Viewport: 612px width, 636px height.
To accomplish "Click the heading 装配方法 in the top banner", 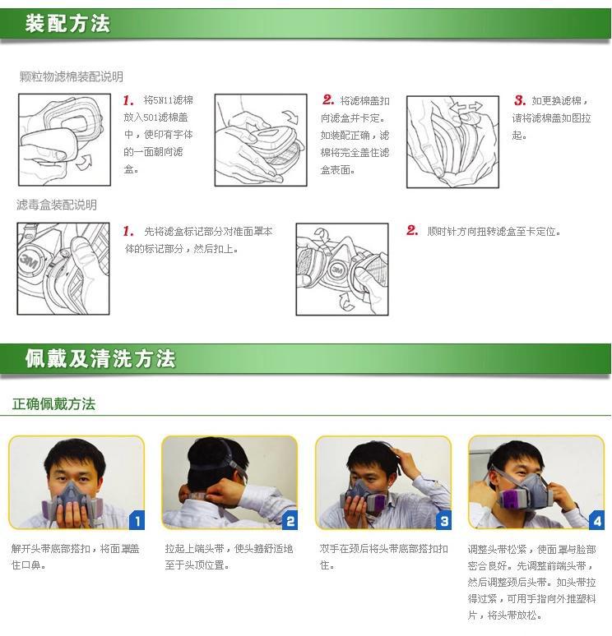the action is tap(67, 23).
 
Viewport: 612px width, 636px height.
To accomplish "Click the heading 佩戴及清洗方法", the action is tap(100, 358).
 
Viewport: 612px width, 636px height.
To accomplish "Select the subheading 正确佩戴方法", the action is tap(53, 404).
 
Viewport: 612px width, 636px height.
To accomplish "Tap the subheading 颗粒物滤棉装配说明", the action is tap(72, 76).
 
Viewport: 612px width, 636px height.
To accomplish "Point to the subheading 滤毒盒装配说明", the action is tap(57, 205).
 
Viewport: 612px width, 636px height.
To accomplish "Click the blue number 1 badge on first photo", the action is tap(137, 521).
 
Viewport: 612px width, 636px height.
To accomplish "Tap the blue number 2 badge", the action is tap(290, 521).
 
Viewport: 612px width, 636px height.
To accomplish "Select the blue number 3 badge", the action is tap(443, 521).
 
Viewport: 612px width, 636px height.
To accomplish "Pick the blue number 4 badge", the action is tap(596, 521).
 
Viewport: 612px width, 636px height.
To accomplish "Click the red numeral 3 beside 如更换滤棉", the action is tap(519, 100).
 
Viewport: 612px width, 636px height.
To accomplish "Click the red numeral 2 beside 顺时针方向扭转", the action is tap(412, 230).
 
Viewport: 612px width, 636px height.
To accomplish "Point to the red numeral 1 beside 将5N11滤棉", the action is tap(128, 100).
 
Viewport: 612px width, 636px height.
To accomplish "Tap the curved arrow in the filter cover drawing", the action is tap(290, 117).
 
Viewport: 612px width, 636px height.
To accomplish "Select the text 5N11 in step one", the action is tap(163, 100).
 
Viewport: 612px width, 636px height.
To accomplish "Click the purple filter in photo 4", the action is tap(514, 499).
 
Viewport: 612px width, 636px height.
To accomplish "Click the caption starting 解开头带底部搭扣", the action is tap(75, 556).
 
